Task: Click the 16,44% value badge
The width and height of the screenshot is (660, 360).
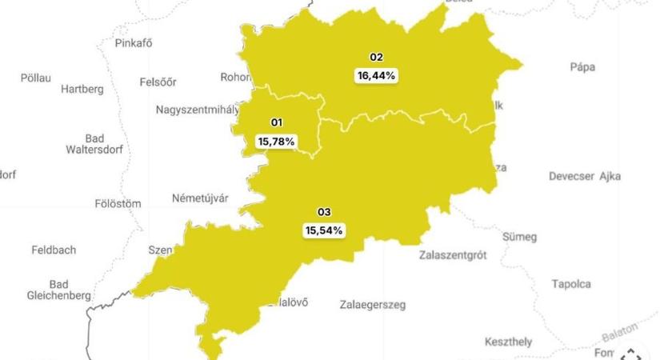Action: click(x=376, y=75)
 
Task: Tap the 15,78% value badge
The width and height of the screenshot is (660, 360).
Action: click(x=276, y=141)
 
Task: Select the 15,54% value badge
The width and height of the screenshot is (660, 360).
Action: click(x=324, y=230)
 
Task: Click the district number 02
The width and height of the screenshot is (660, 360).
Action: click(x=376, y=58)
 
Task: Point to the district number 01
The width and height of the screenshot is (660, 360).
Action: click(x=277, y=122)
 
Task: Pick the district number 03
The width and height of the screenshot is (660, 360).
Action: click(x=324, y=212)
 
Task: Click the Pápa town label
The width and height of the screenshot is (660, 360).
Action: click(x=582, y=67)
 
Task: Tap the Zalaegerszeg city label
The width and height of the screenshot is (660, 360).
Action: click(x=373, y=305)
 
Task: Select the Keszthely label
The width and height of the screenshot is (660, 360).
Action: click(x=508, y=342)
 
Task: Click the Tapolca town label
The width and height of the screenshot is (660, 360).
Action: click(x=571, y=284)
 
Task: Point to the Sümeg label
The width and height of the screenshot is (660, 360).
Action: click(x=519, y=237)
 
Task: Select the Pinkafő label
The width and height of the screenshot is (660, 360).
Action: click(x=134, y=43)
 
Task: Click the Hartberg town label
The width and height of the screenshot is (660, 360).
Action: click(x=82, y=89)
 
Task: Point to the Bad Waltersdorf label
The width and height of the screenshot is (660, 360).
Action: click(x=94, y=143)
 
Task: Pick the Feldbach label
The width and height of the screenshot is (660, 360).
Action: click(x=54, y=250)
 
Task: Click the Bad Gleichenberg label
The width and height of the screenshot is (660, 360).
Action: click(x=58, y=290)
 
